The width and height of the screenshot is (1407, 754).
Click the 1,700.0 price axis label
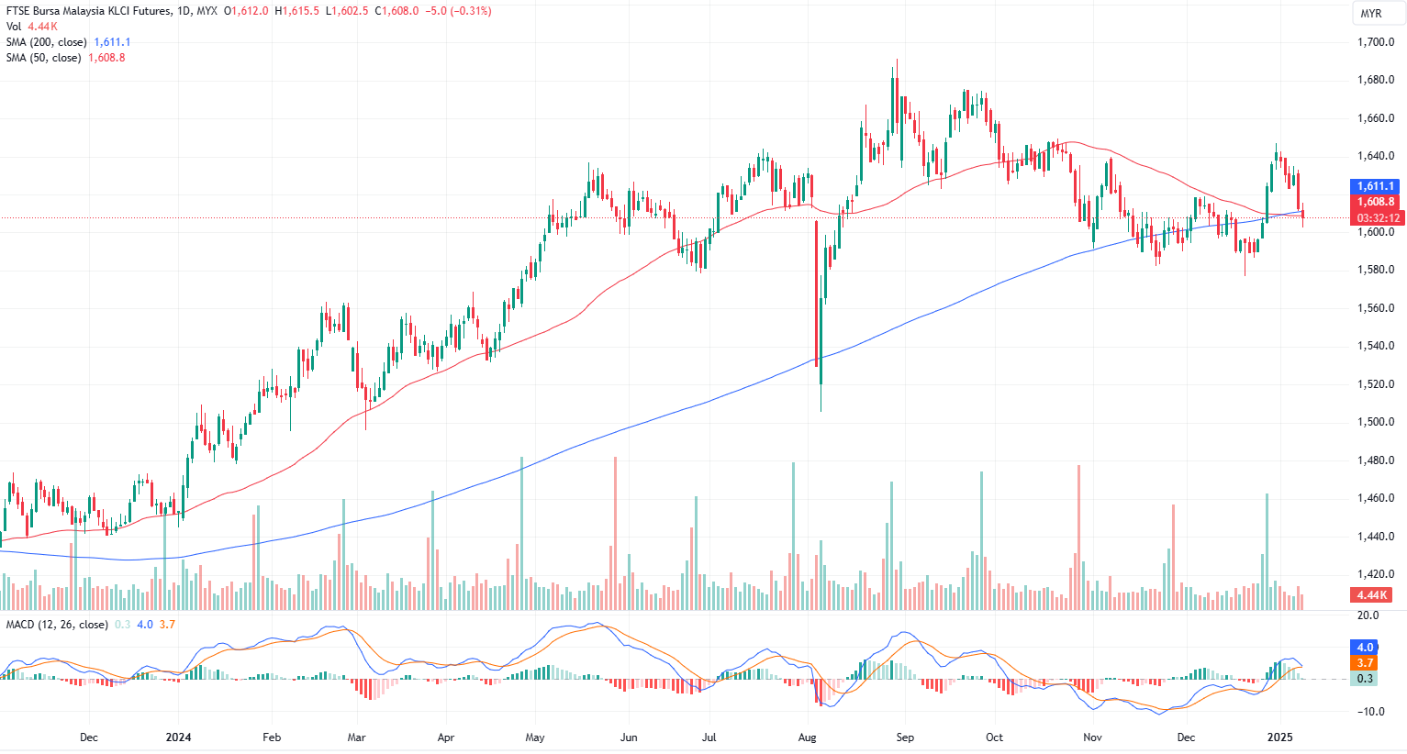point(1375,42)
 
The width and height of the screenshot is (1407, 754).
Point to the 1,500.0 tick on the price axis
point(1375,422)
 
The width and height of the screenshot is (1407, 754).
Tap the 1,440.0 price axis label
point(1375,537)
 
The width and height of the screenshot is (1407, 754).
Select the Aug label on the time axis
point(808,737)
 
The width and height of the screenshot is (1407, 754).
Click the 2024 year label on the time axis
point(178,737)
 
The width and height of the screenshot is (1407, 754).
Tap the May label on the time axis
point(535,737)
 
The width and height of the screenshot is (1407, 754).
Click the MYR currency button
point(1371,14)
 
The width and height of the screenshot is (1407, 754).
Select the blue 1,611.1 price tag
point(1376,186)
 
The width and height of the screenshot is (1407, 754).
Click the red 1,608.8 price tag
point(1376,202)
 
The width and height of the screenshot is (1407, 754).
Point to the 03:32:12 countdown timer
point(1379,218)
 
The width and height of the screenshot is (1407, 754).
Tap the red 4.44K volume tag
point(1373,595)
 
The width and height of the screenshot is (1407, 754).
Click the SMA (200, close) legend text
point(47,42)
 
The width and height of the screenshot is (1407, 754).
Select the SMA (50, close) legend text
point(44,58)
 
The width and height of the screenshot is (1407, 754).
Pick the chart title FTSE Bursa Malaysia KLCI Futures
point(88,11)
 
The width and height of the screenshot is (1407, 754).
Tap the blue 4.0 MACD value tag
point(1365,648)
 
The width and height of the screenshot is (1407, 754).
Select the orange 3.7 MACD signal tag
point(1365,663)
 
